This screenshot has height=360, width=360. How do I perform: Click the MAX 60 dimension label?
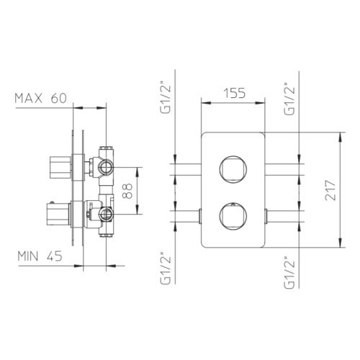point(40,99)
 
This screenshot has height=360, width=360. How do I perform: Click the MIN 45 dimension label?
point(40,256)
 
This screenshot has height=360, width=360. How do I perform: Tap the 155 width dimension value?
point(235,93)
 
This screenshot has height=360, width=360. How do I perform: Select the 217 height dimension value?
point(330,190)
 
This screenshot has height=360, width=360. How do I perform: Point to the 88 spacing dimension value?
point(127,191)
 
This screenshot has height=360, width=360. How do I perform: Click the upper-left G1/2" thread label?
point(166,98)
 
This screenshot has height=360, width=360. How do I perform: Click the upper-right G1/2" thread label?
point(289,99)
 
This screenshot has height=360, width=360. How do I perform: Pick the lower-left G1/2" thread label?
point(166,268)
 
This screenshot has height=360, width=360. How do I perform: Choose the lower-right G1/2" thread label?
point(289,272)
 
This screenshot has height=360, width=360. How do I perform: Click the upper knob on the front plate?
point(233,169)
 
